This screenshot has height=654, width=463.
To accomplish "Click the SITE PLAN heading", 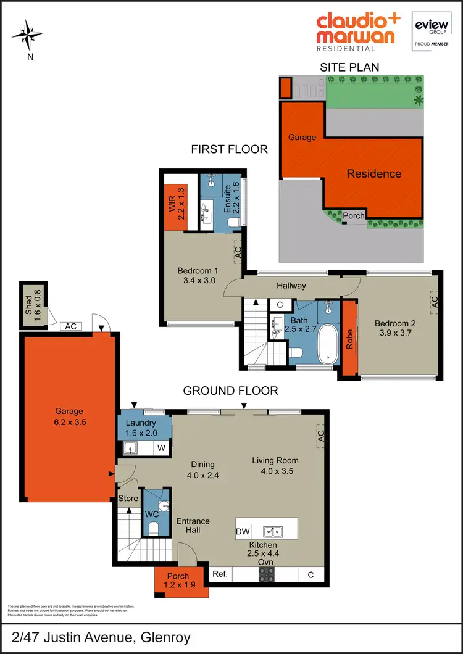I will [349, 67].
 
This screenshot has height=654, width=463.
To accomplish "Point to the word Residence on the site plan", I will [373, 173].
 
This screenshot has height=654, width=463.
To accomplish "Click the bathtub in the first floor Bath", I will [328, 344].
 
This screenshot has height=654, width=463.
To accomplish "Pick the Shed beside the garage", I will [32, 302].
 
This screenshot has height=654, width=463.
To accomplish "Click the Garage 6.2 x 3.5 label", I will [69, 418].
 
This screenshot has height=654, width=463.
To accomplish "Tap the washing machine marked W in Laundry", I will [161, 447].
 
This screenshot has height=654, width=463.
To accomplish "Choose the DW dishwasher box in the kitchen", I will [243, 531].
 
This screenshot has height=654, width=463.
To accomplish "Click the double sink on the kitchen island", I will [272, 531].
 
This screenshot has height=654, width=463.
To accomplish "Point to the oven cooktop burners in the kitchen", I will [267, 574].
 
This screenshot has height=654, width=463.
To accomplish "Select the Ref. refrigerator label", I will [220, 574].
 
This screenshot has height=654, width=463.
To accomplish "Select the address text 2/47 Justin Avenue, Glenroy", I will [101, 638].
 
